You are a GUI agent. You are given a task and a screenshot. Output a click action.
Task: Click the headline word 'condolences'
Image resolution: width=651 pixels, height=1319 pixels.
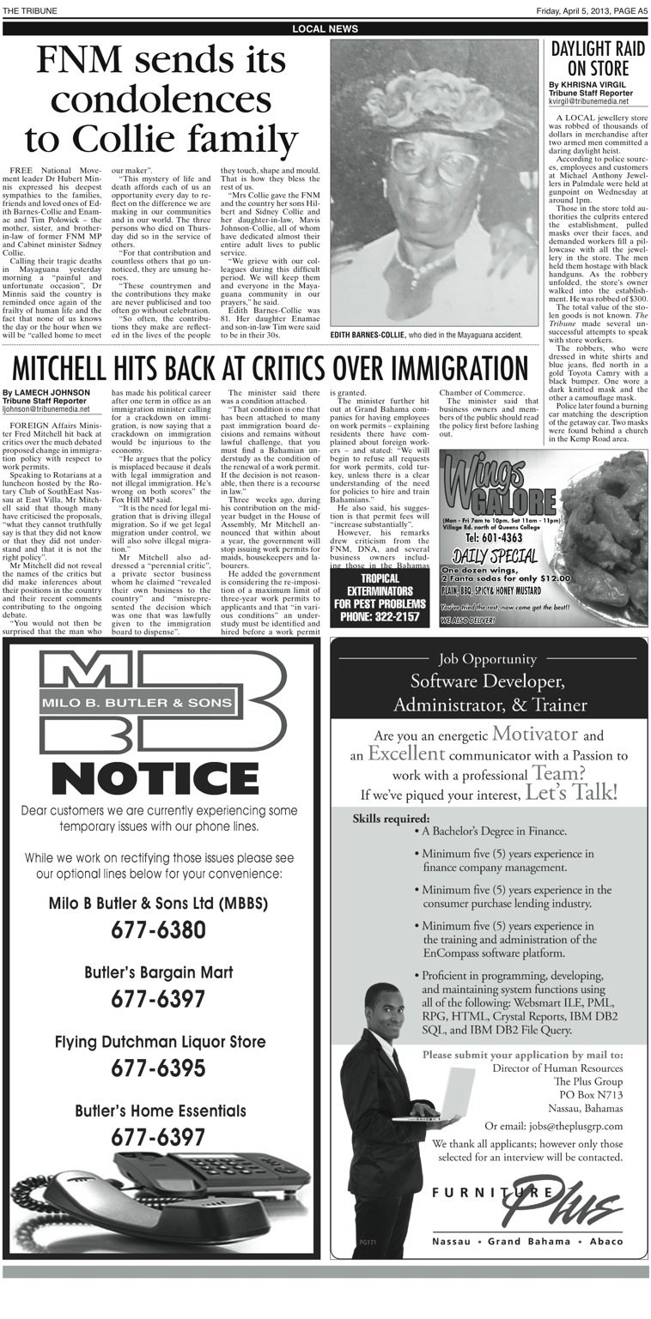click(161, 100)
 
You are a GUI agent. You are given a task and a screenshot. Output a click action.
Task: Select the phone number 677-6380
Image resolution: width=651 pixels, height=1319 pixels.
click(158, 929)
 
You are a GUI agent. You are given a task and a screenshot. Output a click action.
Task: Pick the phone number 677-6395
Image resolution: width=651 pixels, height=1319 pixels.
click(158, 1068)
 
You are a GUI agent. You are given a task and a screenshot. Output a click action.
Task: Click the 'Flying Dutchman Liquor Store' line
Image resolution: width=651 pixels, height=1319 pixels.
click(160, 1042)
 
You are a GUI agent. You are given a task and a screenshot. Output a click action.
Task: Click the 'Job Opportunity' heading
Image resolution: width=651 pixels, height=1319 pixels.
click(487, 659)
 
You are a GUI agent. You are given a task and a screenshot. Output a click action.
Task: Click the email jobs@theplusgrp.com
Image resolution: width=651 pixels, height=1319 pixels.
click(553, 1126)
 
